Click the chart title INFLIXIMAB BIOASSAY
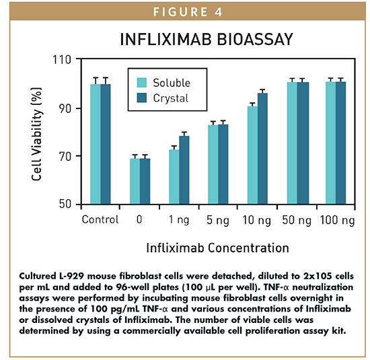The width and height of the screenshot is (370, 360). [206, 40]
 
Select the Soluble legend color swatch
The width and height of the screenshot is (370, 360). [142, 83]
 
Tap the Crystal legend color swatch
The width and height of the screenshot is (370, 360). [142, 98]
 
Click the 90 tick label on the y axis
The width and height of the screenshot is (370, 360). [65, 108]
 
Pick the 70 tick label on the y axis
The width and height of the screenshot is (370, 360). [65, 156]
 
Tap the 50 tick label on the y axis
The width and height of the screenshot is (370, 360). [65, 204]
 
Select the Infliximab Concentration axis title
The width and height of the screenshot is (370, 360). [217, 248]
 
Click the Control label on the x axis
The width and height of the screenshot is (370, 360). [100, 219]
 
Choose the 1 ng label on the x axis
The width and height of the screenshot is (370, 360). [179, 219]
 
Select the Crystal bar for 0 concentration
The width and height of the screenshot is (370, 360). [145, 181]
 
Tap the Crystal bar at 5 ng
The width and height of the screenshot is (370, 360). [223, 164]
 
